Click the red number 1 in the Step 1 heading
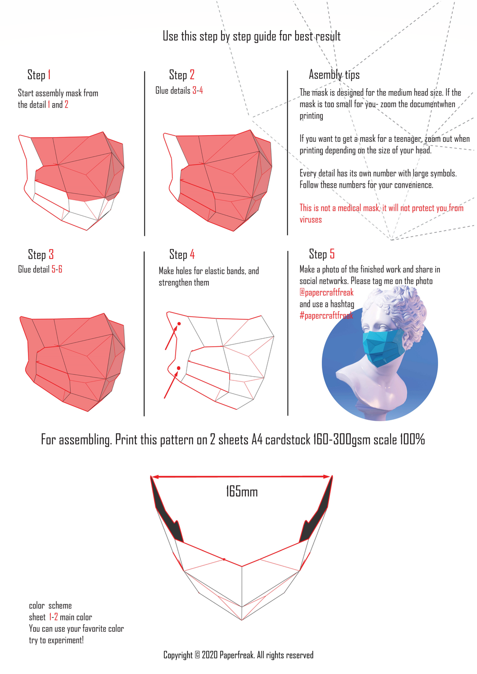click(x=49, y=75)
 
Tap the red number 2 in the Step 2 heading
click(x=192, y=74)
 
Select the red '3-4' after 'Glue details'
click(x=197, y=90)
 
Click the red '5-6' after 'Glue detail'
click(x=57, y=269)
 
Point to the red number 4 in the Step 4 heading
click(x=192, y=255)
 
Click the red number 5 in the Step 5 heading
click(x=332, y=254)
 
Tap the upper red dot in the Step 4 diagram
click(x=179, y=324)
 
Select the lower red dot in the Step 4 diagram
click(x=178, y=368)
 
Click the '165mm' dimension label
click(x=242, y=492)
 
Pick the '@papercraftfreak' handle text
click(x=327, y=293)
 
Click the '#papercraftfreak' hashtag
click(x=326, y=315)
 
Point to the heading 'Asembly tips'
click(x=334, y=74)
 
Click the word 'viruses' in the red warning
click(x=310, y=220)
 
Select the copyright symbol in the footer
click(x=197, y=655)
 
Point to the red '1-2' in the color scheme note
click(x=54, y=617)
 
